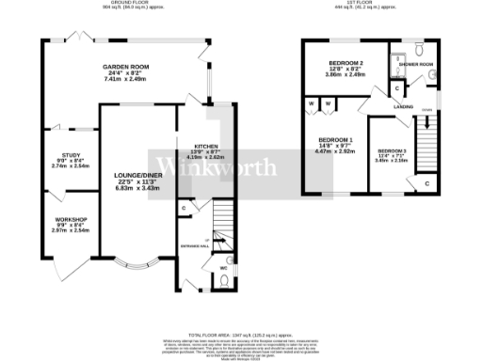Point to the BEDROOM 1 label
click(336, 140)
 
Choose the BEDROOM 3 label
click(392, 151)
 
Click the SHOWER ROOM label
click(415, 65)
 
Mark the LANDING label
click(403, 107)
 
